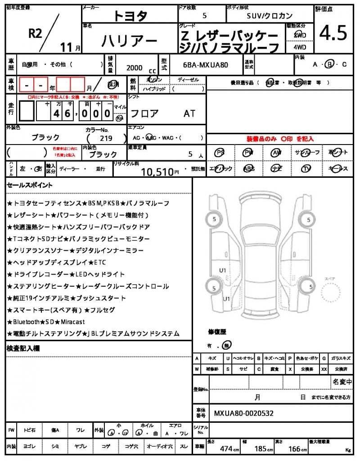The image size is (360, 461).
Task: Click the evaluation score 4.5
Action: point(333,33)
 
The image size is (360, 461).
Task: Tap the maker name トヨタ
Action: point(130,16)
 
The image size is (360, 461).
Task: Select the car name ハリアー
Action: point(130,41)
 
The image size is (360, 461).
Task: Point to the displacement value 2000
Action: point(135,68)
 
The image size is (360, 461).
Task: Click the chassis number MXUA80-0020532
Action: point(243,413)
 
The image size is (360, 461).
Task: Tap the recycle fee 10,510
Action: point(157,172)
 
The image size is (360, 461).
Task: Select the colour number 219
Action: point(106,138)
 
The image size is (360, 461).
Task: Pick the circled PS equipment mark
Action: point(220,153)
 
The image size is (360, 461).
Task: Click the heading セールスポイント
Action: point(30,185)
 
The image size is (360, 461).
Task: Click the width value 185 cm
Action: point(261,448)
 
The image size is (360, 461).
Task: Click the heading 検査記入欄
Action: point(23,348)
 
